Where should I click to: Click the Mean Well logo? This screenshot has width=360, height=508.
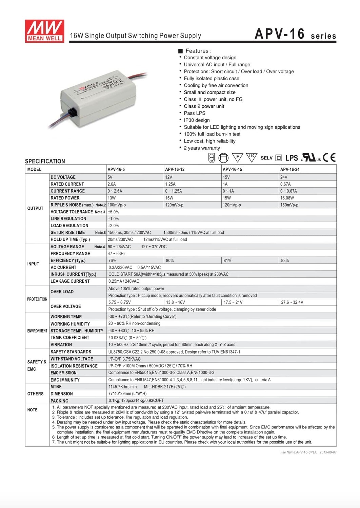(x=44, y=31)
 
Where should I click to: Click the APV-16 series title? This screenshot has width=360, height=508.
(x=295, y=34)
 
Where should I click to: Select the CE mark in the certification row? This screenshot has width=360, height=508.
(x=329, y=157)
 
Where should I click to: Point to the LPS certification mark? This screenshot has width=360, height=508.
(x=292, y=158)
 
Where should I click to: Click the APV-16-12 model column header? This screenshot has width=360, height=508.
(x=175, y=169)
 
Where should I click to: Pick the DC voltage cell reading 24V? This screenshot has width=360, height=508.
(x=284, y=177)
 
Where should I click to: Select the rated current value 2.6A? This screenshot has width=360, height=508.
(x=112, y=184)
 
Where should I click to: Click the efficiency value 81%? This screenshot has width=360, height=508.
(x=227, y=260)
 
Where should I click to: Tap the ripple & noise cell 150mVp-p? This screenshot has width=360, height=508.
(x=289, y=205)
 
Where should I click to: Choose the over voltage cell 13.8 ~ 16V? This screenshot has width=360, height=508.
(x=175, y=302)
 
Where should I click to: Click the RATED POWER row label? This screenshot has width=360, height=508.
(x=65, y=198)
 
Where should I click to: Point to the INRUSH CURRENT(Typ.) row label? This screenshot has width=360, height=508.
(x=73, y=274)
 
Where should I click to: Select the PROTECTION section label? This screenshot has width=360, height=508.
(x=37, y=299)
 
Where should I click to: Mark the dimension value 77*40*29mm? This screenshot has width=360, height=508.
(x=127, y=394)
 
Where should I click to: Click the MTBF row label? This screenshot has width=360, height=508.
(x=56, y=387)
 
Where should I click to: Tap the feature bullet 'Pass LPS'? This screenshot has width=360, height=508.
(x=195, y=113)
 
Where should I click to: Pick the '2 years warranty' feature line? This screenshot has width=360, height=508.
(x=202, y=148)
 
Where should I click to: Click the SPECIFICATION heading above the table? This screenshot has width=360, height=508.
(x=45, y=161)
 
